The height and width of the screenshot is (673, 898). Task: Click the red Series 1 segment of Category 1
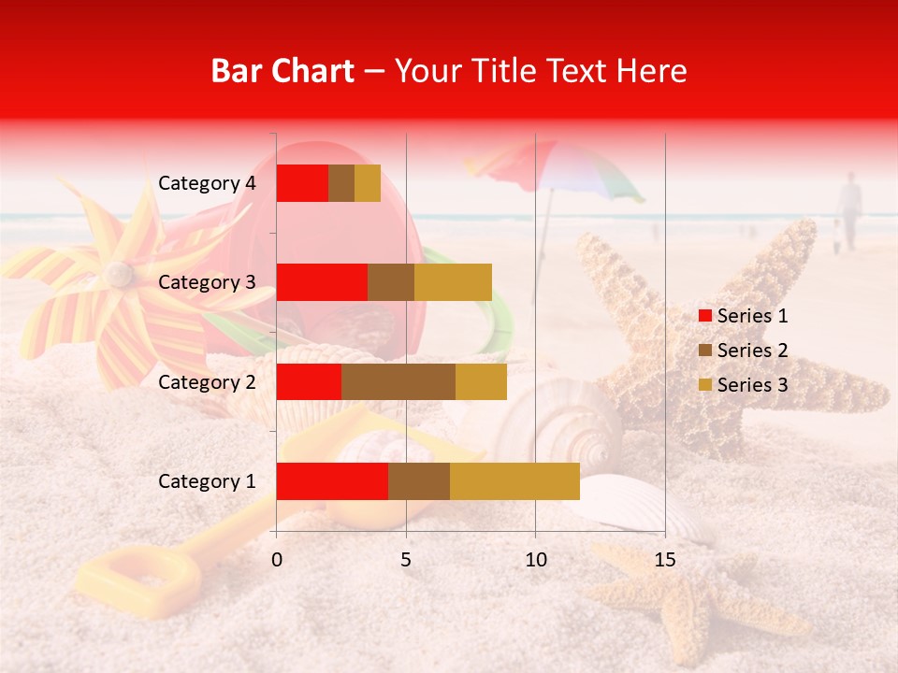(332, 481)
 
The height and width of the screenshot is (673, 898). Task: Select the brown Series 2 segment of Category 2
(398, 381)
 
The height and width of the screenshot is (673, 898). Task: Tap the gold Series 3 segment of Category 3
(453, 282)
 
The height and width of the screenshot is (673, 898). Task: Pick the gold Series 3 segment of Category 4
(368, 183)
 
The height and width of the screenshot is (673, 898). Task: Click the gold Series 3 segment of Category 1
(514, 481)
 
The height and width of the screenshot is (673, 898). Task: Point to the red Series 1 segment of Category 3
(322, 282)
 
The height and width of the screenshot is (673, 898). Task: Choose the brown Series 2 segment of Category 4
(341, 183)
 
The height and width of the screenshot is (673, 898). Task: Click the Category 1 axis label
(207, 481)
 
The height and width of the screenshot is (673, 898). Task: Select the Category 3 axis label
(207, 282)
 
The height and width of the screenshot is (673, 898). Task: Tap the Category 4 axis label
(207, 183)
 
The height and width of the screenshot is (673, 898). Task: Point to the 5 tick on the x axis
(406, 560)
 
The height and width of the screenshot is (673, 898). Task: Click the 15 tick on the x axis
(664, 560)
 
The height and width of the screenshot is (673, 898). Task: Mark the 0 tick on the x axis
(277, 560)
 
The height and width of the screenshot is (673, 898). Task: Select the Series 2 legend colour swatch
(704, 351)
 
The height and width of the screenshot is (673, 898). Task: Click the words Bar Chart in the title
(282, 71)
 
